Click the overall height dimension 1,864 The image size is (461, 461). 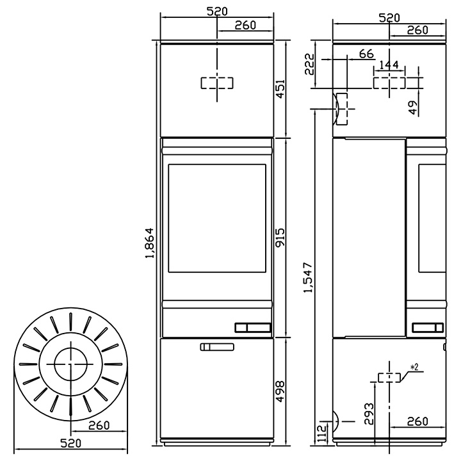[150, 243]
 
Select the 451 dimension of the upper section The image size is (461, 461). [280, 89]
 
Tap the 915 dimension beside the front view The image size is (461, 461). [280, 237]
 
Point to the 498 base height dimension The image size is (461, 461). [280, 391]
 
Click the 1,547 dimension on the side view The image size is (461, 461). [308, 277]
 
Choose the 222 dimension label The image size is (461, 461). [309, 64]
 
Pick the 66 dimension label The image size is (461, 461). [366, 54]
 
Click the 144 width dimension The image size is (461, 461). [389, 65]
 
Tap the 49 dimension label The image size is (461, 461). [413, 108]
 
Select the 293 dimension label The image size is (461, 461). [369, 414]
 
